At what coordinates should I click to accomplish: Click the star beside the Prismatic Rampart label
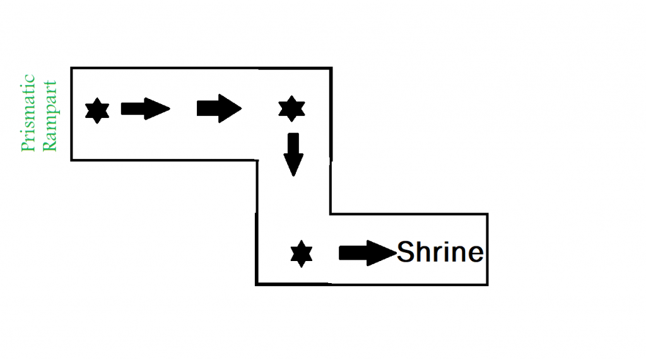coord(97,111)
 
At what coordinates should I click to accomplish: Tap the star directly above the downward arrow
coord(291,109)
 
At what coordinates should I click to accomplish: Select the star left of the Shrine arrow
coord(302,253)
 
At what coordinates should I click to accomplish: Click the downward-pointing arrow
coord(292,154)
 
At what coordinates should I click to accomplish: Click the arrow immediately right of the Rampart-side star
coord(145,109)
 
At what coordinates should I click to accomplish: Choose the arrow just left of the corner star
coord(219,108)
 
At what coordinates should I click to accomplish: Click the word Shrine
coord(440,253)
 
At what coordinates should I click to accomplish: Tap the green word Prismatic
coord(28,114)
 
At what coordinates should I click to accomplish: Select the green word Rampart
coord(49,115)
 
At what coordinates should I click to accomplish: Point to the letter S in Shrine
coord(406,253)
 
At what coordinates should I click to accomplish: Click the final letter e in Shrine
coord(474,255)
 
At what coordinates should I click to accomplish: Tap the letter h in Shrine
coord(421,253)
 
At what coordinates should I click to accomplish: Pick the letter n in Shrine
coord(455,255)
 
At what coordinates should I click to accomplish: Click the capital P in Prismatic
coord(28,148)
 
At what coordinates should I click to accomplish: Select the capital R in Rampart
coord(49,146)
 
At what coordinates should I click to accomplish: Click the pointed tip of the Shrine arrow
coord(396,253)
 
